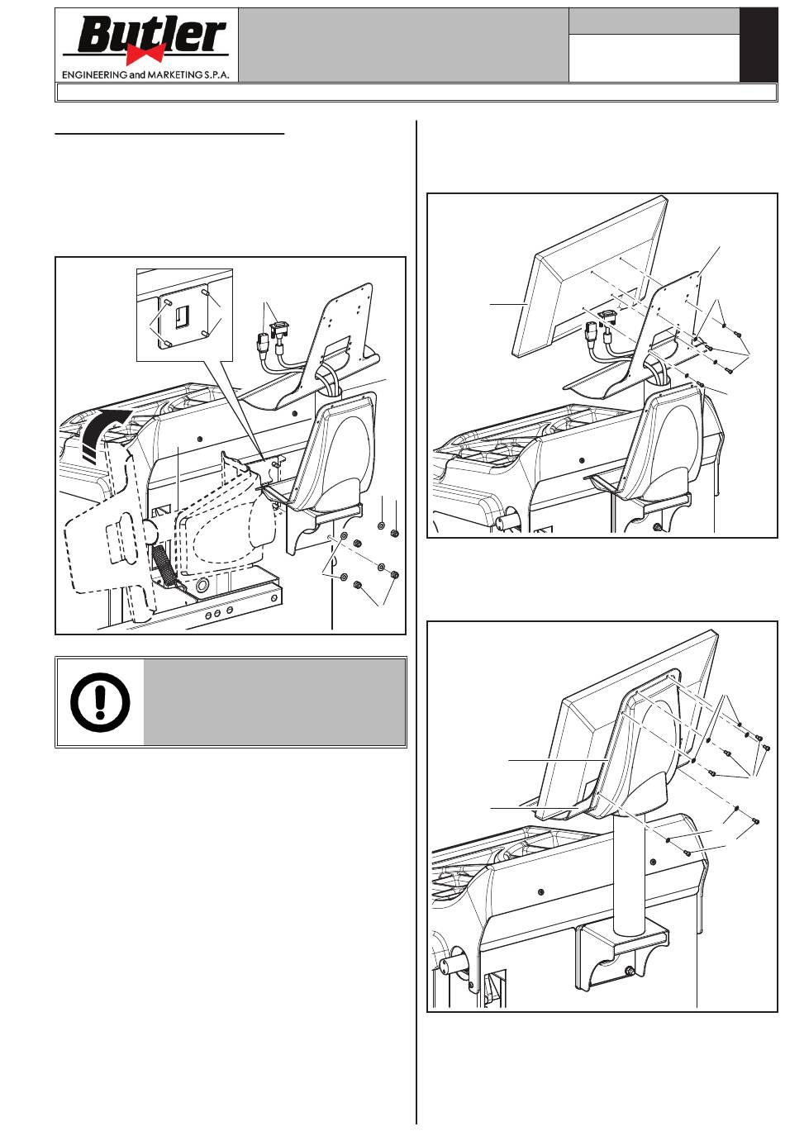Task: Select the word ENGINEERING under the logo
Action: [94, 75]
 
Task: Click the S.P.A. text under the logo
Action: [217, 75]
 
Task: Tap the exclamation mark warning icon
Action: [100, 702]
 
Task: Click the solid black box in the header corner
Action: [759, 45]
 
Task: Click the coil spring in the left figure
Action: [164, 566]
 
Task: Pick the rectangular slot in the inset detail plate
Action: [181, 316]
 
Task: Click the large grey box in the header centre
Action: [403, 45]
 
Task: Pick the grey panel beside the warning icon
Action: [274, 702]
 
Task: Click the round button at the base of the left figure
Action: [202, 585]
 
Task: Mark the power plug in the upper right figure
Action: [589, 334]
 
